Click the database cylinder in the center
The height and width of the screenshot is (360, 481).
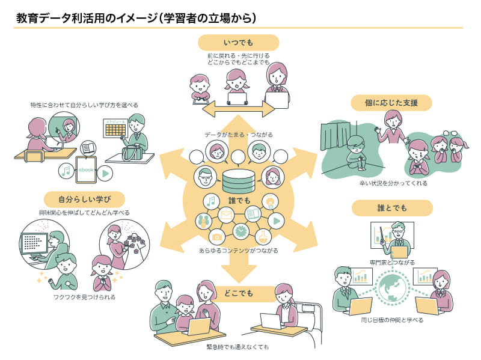coord(239,179)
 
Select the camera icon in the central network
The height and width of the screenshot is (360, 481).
coord(218,235)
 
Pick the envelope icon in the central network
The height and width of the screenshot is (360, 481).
coord(226,214)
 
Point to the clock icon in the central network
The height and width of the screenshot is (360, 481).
coord(240,230)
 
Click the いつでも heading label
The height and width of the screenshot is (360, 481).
coord(239,42)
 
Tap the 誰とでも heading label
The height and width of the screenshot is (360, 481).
coord(391,208)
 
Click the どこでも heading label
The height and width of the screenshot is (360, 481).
coord(239,293)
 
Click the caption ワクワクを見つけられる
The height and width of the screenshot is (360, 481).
coord(84,297)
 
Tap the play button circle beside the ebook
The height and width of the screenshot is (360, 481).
coord(105,172)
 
